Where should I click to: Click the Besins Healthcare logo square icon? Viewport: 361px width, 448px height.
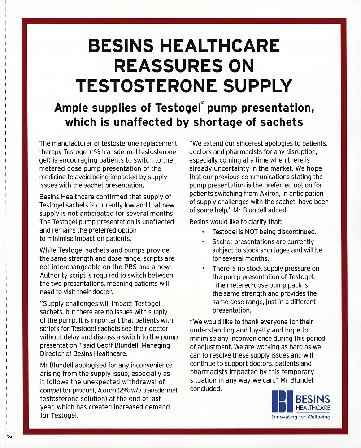[x=282, y=401]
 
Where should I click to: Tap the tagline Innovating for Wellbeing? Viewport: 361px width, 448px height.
[x=301, y=417]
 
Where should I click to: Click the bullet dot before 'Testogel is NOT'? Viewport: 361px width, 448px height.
[x=203, y=232]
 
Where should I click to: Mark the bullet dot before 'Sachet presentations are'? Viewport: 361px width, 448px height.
[x=203, y=242]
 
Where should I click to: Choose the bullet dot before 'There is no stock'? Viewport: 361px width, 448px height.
[x=203, y=268]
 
